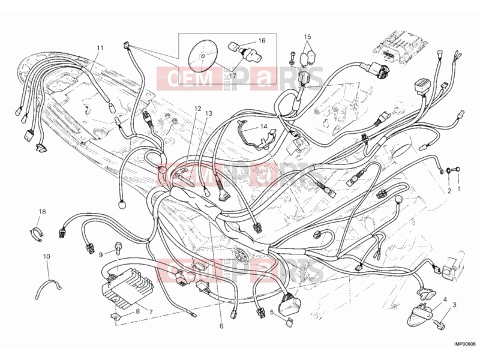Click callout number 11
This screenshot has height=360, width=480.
pos(100,48)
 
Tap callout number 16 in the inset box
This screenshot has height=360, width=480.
pos(262,41)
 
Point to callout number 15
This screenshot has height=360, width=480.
pos(307,37)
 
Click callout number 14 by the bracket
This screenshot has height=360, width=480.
pos(264,127)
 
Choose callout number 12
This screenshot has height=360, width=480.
pos(198,109)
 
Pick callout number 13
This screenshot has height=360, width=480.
pos(208,113)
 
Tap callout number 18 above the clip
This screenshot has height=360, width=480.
pos(42,212)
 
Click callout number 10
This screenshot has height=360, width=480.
pos(47,257)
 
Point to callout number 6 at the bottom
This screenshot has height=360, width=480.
pos(221,326)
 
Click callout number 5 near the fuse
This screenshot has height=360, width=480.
pos(272,312)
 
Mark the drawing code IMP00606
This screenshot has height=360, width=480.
pos(464,344)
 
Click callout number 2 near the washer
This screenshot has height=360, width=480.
pos(449,191)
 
